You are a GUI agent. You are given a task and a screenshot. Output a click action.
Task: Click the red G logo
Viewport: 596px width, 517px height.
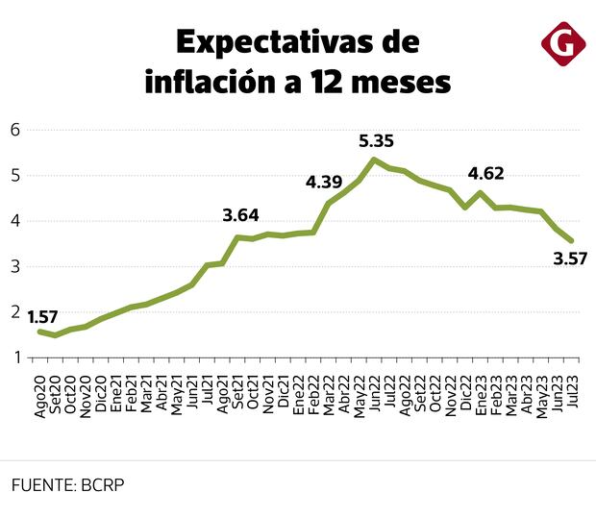(562, 43)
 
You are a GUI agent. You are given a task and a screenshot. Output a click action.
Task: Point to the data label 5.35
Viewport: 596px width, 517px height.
(376, 141)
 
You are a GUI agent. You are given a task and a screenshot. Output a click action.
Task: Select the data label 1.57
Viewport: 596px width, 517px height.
(42, 317)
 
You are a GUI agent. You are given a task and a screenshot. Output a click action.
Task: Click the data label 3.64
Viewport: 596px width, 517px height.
(240, 215)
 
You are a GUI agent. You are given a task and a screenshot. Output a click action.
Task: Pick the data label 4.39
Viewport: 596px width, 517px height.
(325, 182)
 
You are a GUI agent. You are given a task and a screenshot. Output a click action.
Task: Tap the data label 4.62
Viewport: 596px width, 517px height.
(485, 174)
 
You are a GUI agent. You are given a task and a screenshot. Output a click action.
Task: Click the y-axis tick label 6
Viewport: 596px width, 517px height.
(14, 130)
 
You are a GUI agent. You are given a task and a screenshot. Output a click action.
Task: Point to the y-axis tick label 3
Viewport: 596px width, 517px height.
(14, 266)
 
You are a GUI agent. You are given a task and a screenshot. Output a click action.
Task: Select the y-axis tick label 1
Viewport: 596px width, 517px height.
(14, 358)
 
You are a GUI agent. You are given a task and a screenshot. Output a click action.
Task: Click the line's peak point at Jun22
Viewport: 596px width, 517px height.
(374, 160)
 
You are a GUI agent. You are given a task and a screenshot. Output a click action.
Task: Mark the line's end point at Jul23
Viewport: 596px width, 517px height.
(572, 241)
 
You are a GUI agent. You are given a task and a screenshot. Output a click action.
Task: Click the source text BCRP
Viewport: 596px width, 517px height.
(102, 486)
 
